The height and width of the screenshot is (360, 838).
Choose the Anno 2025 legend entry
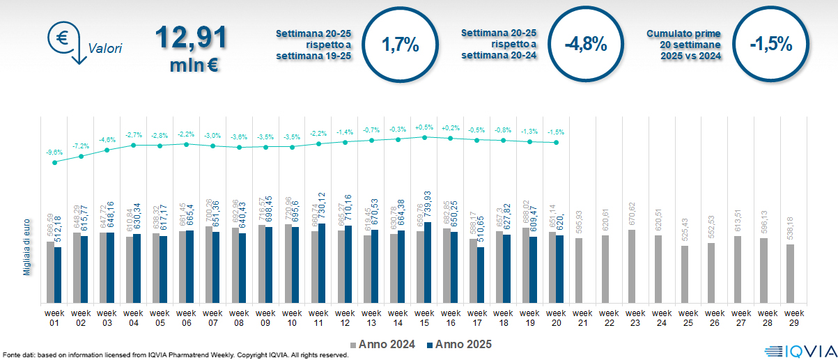pyautogui.click(x=459, y=344)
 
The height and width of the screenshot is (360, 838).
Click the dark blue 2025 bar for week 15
pyautogui.click(x=428, y=263)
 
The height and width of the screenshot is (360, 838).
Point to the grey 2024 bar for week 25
pyautogui.click(x=685, y=274)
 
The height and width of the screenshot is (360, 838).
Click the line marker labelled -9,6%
pyautogui.click(x=54, y=162)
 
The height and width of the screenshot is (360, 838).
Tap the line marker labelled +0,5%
pyautogui.click(x=424, y=137)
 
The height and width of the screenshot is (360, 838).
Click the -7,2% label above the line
pyautogui.click(x=81, y=146)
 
